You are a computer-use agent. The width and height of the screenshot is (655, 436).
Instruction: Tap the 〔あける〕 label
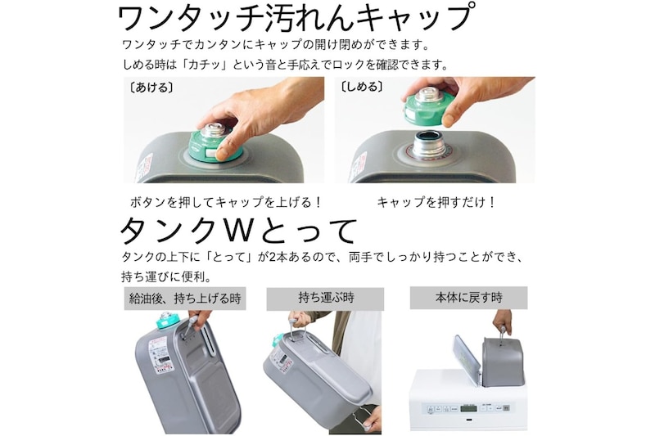[151, 88]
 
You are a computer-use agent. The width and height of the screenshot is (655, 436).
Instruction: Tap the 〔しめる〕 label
[362, 87]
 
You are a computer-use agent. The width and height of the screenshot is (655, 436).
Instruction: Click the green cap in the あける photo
[215, 144]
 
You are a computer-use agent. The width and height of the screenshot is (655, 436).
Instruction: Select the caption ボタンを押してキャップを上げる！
[226, 202]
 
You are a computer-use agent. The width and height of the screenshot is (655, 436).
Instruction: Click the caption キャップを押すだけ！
[436, 202]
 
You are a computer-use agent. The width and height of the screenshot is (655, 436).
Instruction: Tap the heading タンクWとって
[238, 231]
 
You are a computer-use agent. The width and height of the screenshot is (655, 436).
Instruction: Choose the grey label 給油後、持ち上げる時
[185, 299]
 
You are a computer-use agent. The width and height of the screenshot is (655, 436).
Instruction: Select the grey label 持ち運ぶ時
[325, 298]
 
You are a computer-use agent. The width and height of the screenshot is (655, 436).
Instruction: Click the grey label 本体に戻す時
[468, 298]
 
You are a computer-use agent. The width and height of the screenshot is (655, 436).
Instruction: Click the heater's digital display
[469, 408]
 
